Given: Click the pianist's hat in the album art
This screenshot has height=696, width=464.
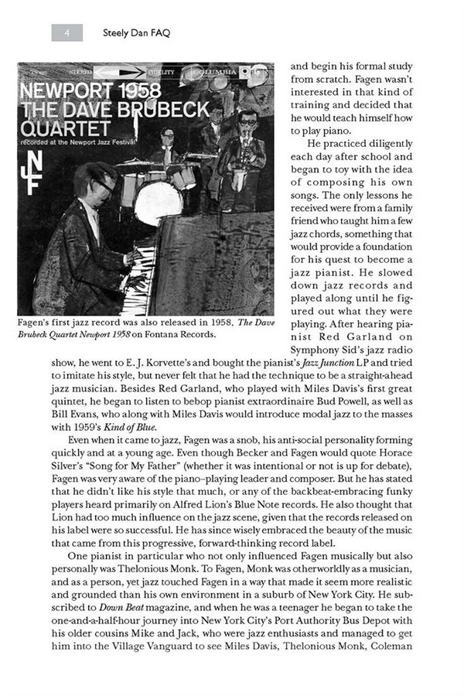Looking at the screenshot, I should pyautogui.click(x=91, y=179).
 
